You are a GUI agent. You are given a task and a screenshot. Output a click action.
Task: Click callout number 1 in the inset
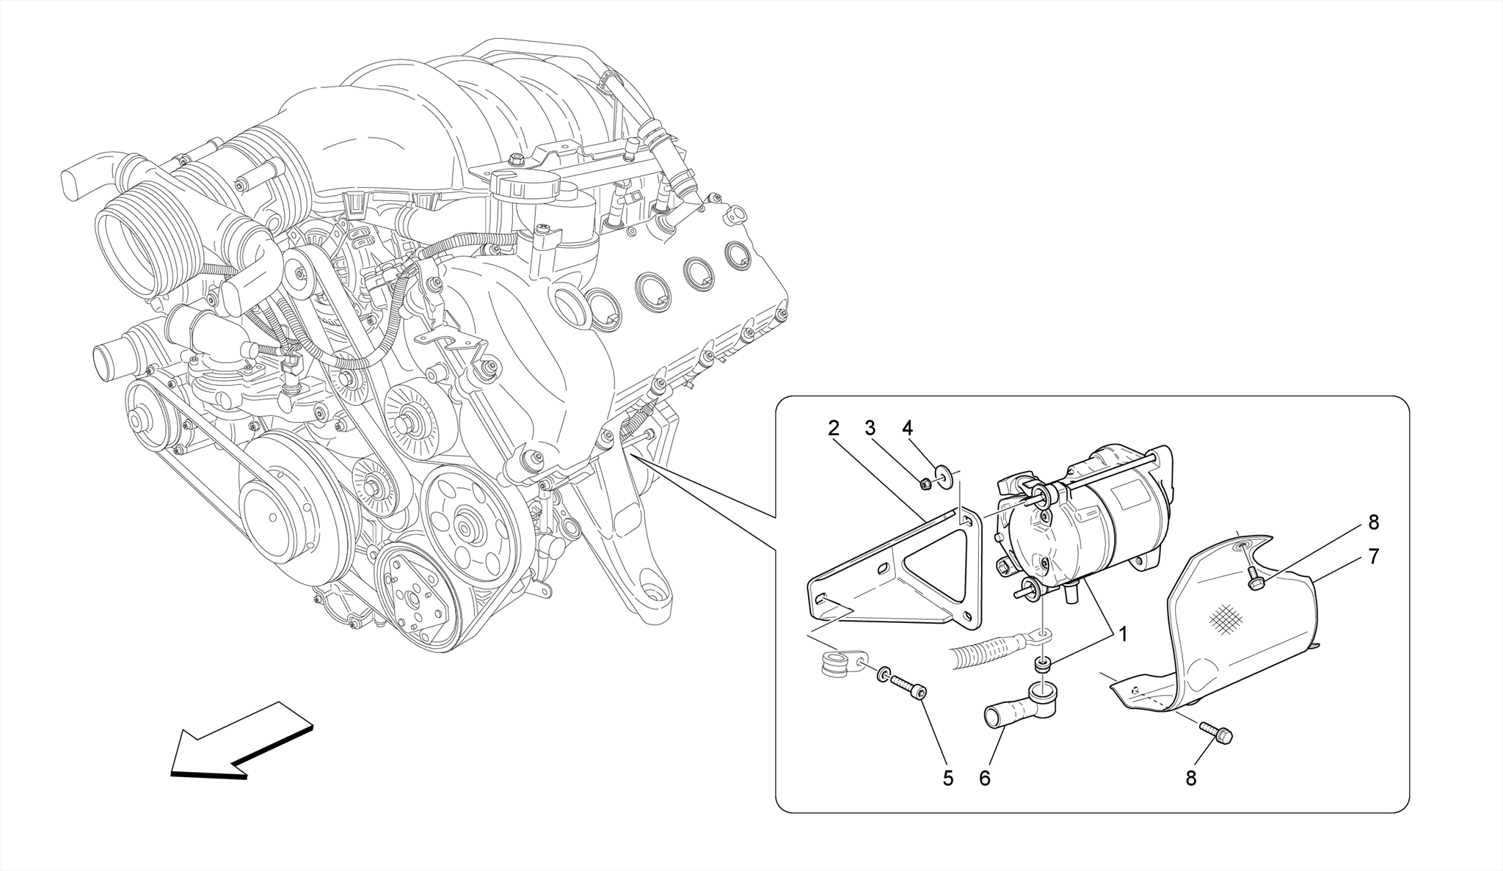[x=1122, y=634]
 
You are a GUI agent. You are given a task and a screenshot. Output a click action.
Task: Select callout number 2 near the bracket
[x=833, y=428]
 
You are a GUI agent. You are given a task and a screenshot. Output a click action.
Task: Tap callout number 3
[x=870, y=428]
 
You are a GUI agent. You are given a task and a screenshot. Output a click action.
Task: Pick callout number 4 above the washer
[x=907, y=428]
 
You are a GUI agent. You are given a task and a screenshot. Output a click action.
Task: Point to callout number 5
[x=948, y=779]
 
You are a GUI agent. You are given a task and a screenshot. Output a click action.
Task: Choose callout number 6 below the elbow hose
[x=984, y=779]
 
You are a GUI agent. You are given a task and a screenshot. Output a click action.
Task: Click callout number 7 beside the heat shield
[x=1374, y=556]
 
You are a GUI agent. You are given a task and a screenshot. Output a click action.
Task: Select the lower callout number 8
[x=1190, y=779]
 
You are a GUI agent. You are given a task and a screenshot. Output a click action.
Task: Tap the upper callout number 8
[x=1374, y=522]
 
